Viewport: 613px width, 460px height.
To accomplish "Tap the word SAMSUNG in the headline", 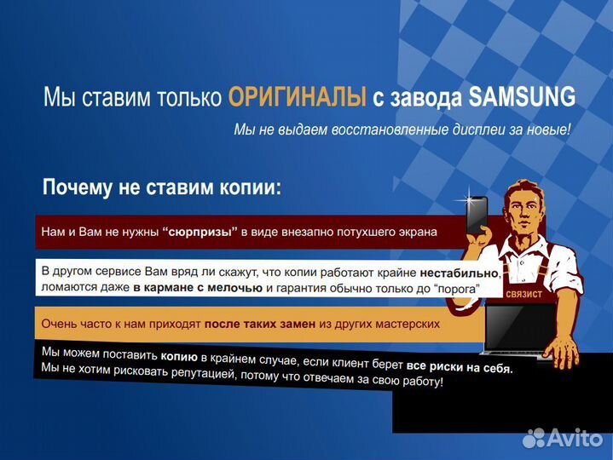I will tap(522, 97).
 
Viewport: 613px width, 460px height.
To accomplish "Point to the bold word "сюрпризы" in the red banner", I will tap(200, 231).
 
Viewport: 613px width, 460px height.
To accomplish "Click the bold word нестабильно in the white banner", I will tap(459, 273).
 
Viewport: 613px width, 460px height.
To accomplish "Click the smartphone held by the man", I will tap(477, 217).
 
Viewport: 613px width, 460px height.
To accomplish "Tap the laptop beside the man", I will tap(512, 329).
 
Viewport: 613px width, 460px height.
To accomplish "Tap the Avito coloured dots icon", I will tap(535, 438).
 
